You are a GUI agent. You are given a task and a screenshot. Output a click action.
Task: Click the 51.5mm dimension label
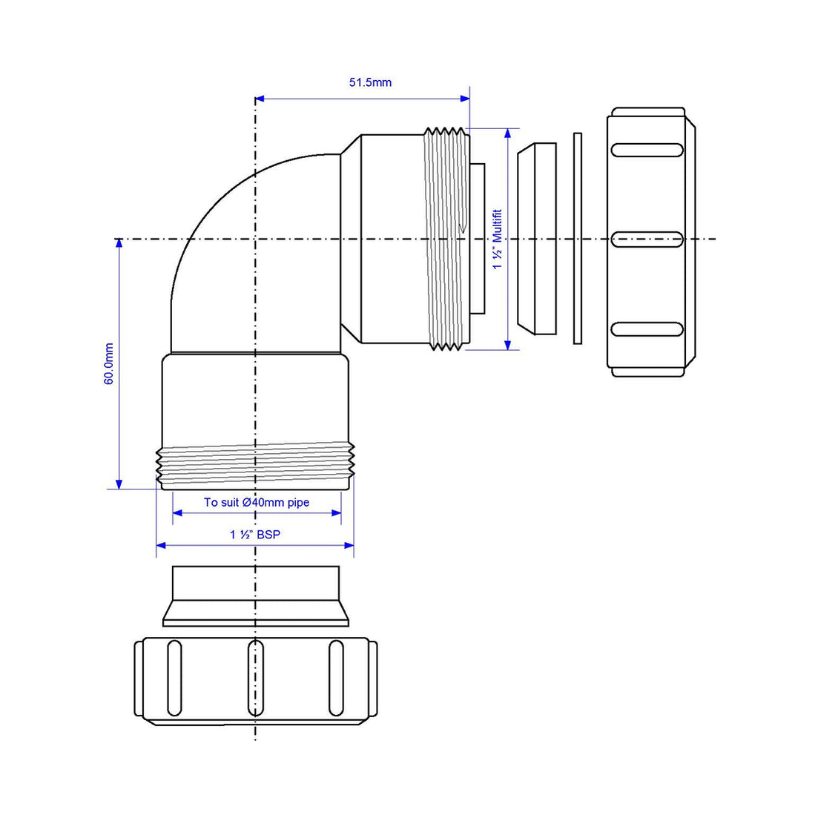tap(370, 82)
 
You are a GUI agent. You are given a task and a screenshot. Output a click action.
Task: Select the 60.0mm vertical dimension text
tap(109, 363)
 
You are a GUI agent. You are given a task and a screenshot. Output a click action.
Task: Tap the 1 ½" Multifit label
tap(497, 239)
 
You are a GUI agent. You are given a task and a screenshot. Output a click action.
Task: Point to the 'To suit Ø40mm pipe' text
tap(257, 502)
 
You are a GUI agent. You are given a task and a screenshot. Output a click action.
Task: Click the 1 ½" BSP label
tap(255, 534)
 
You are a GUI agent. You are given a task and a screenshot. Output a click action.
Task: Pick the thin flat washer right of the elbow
tap(578, 238)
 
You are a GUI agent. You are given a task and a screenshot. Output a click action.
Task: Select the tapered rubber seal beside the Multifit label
tap(536, 238)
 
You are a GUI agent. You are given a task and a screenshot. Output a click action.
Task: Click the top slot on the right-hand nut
tap(647, 150)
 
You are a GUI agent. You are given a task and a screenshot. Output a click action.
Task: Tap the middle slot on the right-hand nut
tap(647, 239)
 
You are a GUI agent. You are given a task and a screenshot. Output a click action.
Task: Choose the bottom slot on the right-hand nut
tap(647, 329)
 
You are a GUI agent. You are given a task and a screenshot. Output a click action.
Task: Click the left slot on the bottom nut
tap(174, 677)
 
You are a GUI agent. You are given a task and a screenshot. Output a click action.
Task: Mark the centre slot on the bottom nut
tap(254, 677)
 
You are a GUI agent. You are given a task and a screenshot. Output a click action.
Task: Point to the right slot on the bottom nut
tap(336, 677)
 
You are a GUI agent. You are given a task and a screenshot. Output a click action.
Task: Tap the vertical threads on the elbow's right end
tap(445, 239)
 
